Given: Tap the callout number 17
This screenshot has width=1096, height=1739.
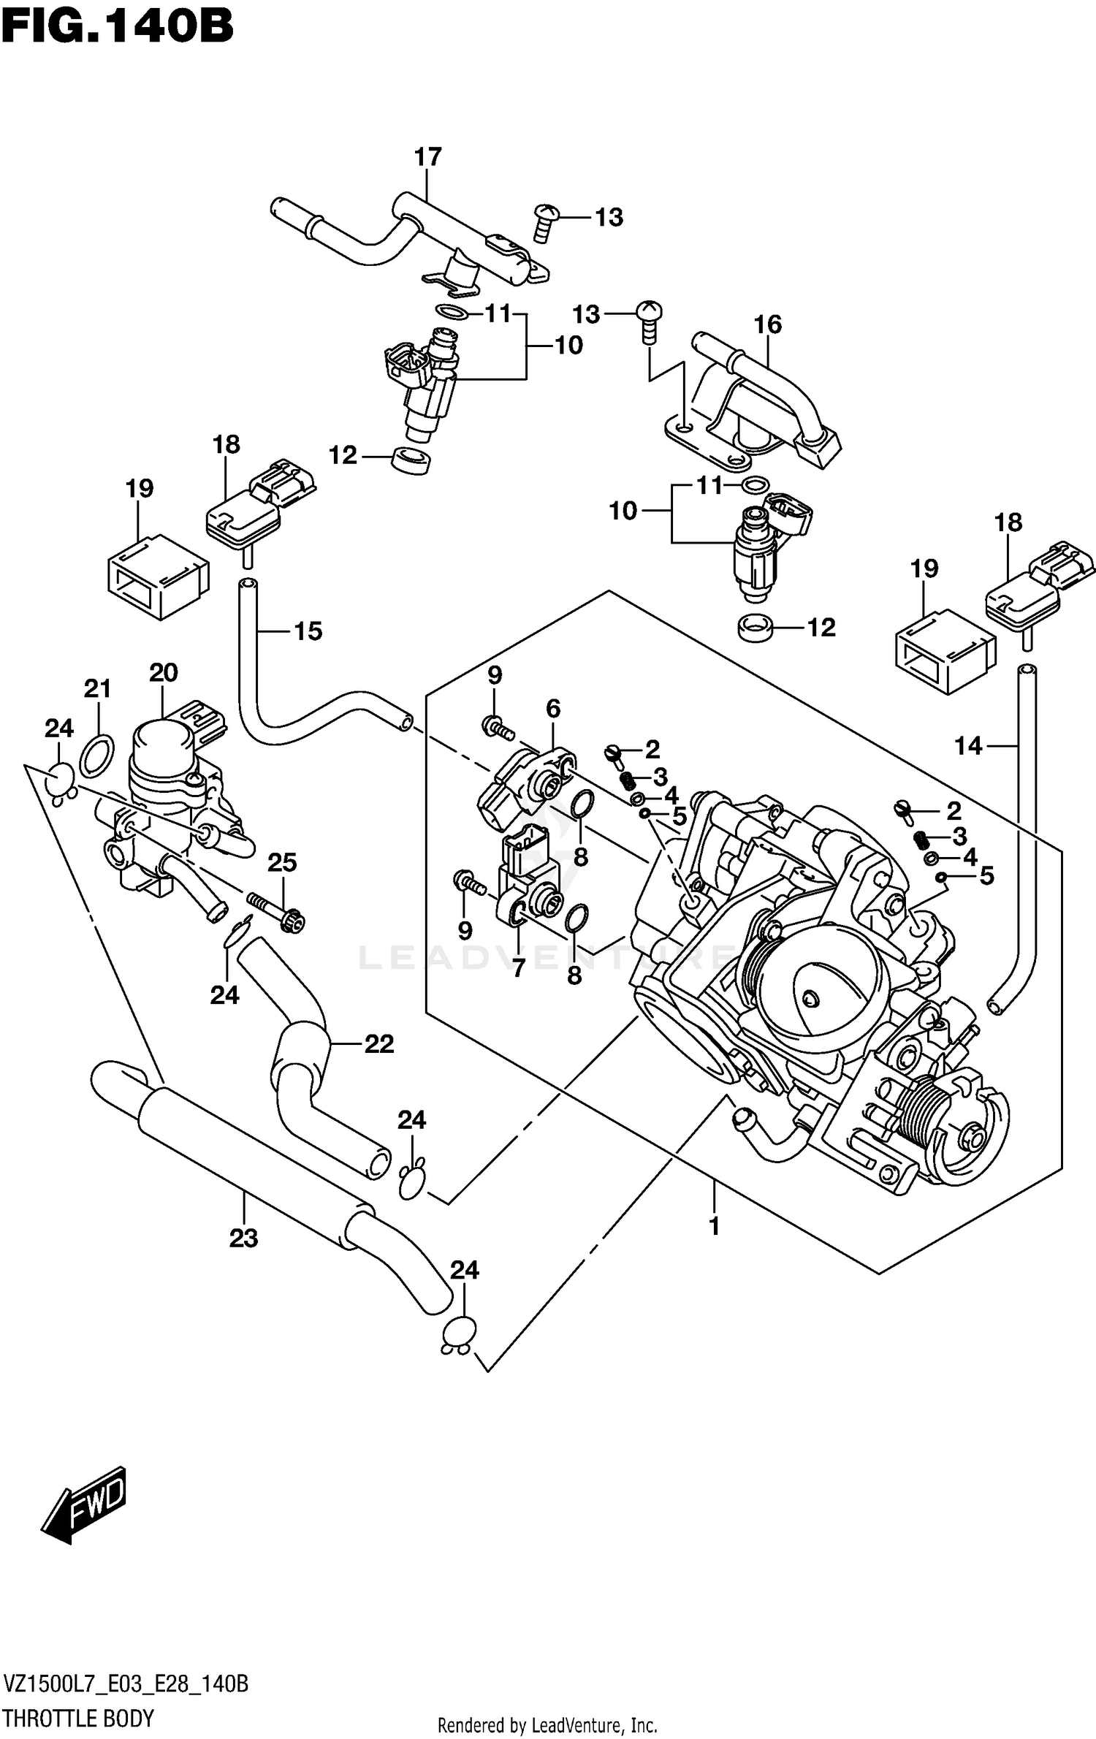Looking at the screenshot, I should pyautogui.click(x=428, y=156).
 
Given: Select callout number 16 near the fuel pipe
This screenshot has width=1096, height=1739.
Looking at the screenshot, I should pyautogui.click(x=768, y=324).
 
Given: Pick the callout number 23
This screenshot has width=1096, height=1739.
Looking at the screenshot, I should pyautogui.click(x=243, y=1238).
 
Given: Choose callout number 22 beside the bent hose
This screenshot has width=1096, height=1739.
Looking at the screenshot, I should pyautogui.click(x=379, y=1044).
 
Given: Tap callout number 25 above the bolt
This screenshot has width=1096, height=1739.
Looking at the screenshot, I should pyautogui.click(x=282, y=863).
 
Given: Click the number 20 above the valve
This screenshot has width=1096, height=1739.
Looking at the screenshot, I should pyautogui.click(x=163, y=672).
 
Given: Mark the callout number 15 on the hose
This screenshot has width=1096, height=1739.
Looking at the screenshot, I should pyautogui.click(x=308, y=631).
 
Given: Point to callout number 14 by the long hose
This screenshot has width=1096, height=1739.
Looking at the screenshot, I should pyautogui.click(x=968, y=746).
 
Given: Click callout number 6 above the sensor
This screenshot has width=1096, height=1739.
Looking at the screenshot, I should pyautogui.click(x=553, y=708).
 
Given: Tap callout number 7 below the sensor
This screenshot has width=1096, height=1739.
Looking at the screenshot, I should pyautogui.click(x=518, y=968).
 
